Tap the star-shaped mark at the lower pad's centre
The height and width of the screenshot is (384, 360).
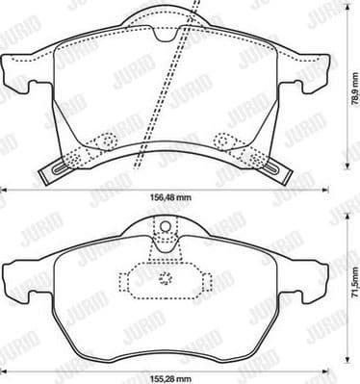click(164, 282)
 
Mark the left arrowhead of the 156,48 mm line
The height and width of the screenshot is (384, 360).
click(4, 188)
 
